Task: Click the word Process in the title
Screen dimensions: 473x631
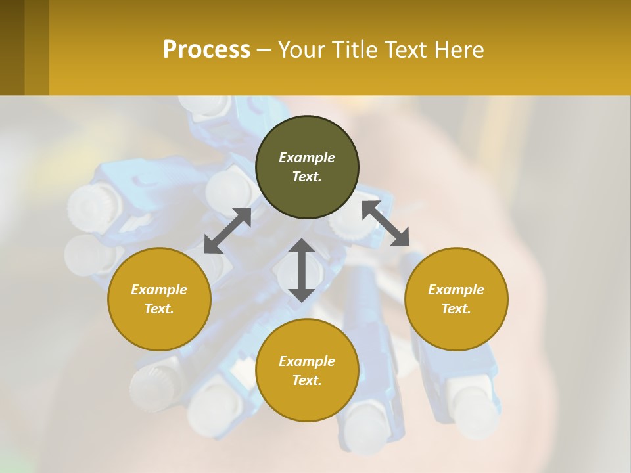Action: [206, 50]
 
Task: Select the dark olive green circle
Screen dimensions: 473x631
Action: [307, 167]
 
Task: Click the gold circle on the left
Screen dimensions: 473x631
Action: [159, 299]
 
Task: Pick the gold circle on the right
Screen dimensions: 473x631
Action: [456, 299]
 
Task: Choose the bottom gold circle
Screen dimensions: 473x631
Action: [307, 371]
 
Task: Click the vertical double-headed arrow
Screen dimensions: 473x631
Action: [302, 270]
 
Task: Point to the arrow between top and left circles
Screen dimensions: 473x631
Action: [227, 231]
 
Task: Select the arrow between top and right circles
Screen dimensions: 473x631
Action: [385, 224]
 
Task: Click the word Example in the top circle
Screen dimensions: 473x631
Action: [307, 158]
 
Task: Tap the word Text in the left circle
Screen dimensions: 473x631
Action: [158, 309]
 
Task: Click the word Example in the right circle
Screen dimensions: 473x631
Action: [456, 290]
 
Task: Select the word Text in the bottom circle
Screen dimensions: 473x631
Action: [306, 380]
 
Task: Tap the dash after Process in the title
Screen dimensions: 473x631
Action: [264, 51]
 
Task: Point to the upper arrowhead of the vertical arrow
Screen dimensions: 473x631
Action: [302, 246]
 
